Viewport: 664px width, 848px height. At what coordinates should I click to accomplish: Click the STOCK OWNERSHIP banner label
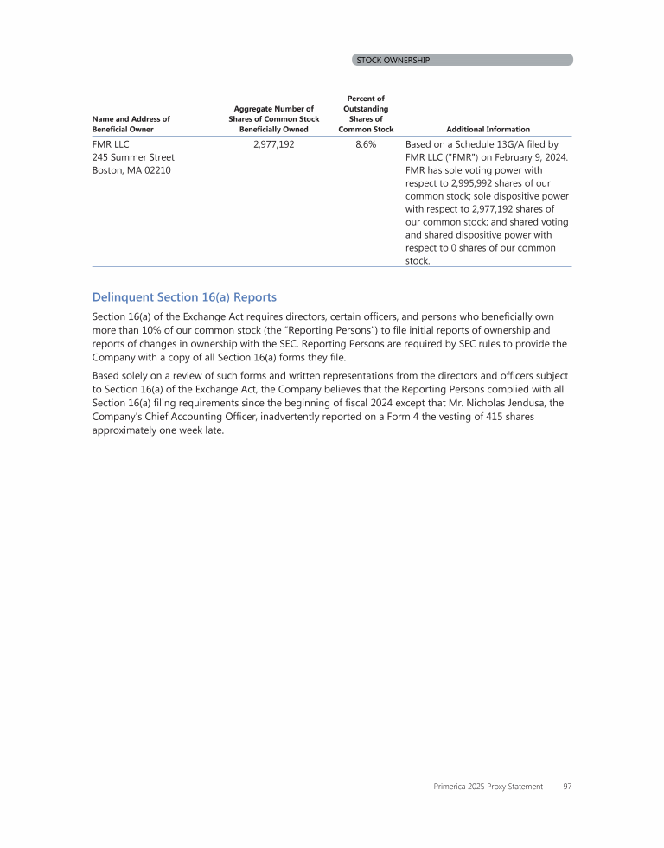click(x=393, y=60)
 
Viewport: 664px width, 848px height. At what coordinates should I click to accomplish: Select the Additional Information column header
click(x=488, y=129)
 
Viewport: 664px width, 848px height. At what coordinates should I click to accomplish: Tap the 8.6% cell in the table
click(x=366, y=144)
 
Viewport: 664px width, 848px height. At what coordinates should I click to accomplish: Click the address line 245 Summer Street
click(x=133, y=157)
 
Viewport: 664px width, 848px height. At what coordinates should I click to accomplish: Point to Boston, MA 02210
click(x=131, y=170)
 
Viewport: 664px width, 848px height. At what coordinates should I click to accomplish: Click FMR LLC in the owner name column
click(x=110, y=144)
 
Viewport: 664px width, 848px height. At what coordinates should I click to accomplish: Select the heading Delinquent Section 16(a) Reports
click(x=184, y=297)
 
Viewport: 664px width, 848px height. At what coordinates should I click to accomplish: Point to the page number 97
click(x=566, y=787)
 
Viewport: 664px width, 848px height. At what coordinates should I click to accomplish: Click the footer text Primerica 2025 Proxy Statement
click(x=488, y=787)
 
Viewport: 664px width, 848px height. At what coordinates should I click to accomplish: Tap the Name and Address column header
click(x=131, y=124)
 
